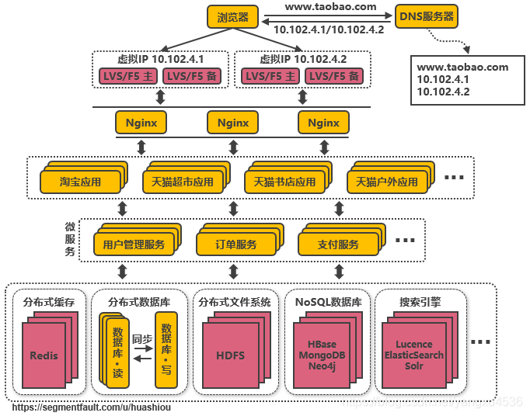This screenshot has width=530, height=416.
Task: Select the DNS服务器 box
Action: point(427,16)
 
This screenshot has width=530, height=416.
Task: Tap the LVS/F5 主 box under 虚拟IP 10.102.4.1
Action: point(127,76)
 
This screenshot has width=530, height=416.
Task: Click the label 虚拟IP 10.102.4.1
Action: point(160,59)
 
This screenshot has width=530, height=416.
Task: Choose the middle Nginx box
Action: point(232,123)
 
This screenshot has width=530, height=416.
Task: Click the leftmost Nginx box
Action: point(141,123)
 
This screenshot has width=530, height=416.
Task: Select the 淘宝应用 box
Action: point(81,182)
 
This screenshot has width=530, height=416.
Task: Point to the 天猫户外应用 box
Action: point(386,182)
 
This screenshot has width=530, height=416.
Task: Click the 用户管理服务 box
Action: point(133,244)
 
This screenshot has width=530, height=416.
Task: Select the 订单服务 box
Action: point(236,244)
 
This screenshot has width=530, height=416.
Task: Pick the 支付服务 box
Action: point(338,244)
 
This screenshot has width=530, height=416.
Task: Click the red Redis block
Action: point(44,355)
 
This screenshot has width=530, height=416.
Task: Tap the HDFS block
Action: point(229,355)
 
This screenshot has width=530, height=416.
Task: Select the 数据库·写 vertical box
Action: point(166,349)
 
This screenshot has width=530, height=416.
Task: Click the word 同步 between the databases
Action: point(141,339)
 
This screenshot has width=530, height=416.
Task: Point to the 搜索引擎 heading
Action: point(420,302)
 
